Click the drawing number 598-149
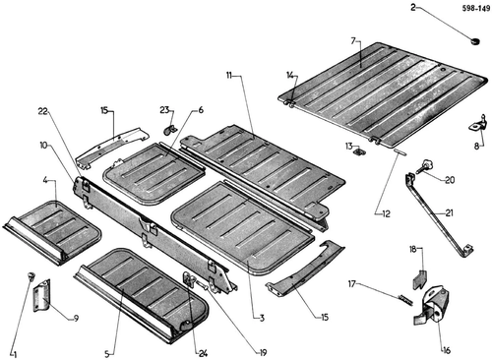(476, 9)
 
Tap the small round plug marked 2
(474, 41)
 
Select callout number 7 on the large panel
(353, 41)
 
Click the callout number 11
(228, 76)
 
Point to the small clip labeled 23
(169, 130)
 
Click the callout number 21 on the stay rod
(449, 212)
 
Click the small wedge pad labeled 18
(419, 278)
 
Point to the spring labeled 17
(405, 299)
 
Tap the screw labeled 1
(31, 275)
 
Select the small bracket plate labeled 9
(41, 295)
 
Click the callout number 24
(203, 354)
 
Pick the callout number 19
(263, 352)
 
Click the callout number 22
(43, 111)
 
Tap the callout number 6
(201, 110)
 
